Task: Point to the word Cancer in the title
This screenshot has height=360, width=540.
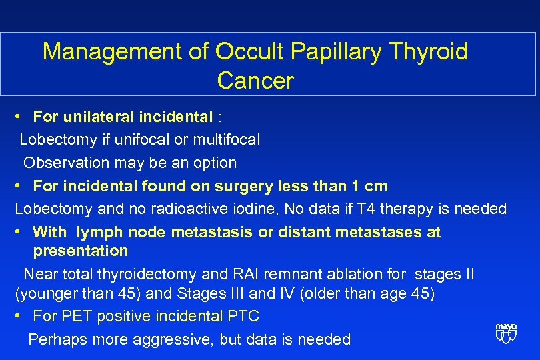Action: (x=255, y=81)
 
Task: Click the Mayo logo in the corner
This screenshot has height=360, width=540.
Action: (x=506, y=333)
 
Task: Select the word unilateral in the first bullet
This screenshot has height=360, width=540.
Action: (x=99, y=117)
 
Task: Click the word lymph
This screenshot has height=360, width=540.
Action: (x=99, y=232)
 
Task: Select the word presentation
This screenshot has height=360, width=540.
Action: (x=81, y=251)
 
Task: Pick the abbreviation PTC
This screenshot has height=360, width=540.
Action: (x=241, y=316)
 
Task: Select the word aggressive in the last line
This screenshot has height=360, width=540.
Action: (x=175, y=339)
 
